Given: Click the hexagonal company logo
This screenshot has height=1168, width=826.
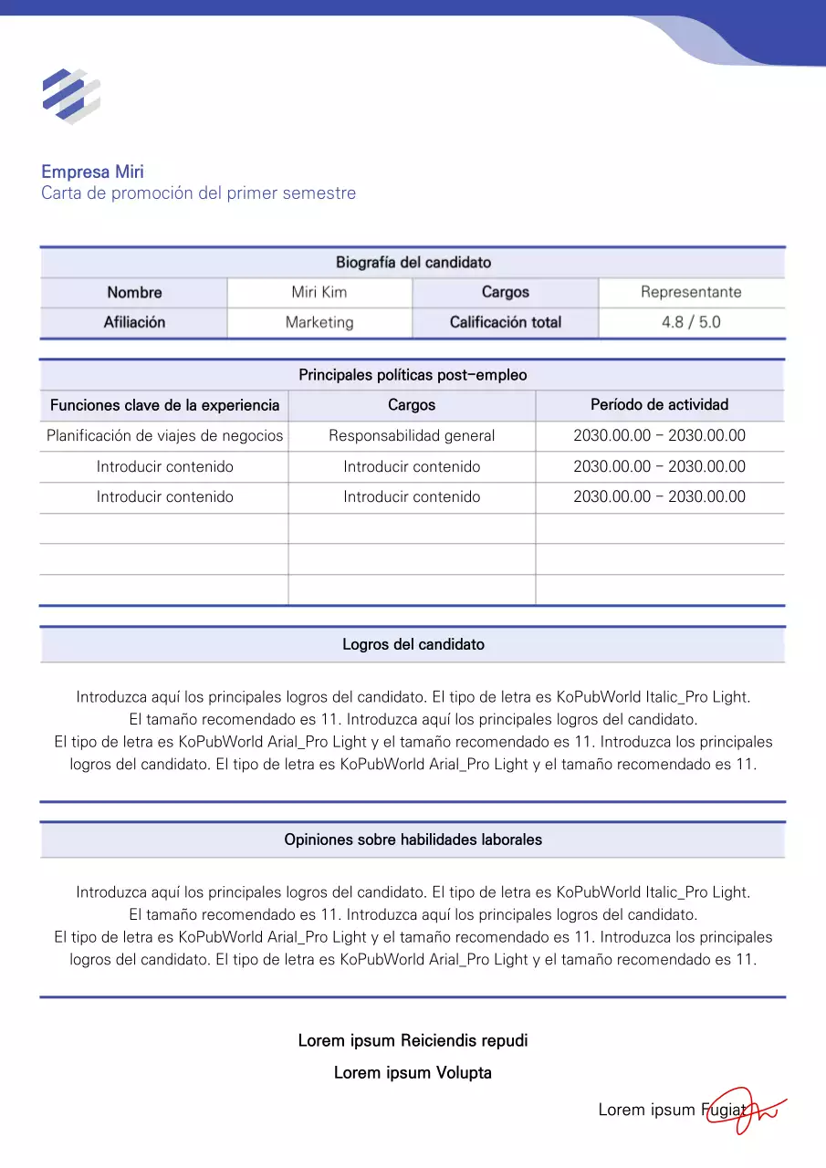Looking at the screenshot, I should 71,96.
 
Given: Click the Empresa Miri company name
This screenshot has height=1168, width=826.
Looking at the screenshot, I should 92,172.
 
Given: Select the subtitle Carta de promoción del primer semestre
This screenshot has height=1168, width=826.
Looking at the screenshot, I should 198,193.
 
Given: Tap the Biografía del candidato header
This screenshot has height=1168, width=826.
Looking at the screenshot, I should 413,263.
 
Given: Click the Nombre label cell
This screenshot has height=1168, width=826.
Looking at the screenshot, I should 134,293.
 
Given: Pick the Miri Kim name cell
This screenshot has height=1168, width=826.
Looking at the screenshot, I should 319,293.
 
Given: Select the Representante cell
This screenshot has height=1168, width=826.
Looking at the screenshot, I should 691,293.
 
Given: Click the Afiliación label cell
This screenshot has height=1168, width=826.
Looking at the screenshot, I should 134,322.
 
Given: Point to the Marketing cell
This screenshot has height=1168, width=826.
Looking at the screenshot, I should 319,322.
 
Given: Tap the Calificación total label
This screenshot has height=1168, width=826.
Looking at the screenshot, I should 505,322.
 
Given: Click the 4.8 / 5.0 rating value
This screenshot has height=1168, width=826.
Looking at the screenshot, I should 691,322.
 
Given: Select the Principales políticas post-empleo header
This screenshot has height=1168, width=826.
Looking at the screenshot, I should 413,375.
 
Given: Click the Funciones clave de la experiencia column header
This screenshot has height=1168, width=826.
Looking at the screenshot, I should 164,405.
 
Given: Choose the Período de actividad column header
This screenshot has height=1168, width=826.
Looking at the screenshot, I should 659,404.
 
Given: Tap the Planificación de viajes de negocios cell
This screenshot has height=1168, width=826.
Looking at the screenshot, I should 164,436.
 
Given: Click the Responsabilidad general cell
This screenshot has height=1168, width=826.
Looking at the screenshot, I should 412,436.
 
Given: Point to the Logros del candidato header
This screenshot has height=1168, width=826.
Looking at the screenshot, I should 413,644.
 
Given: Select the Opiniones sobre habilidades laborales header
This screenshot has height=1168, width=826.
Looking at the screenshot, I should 413,839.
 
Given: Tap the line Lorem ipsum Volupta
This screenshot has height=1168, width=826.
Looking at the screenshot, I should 413,1073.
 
